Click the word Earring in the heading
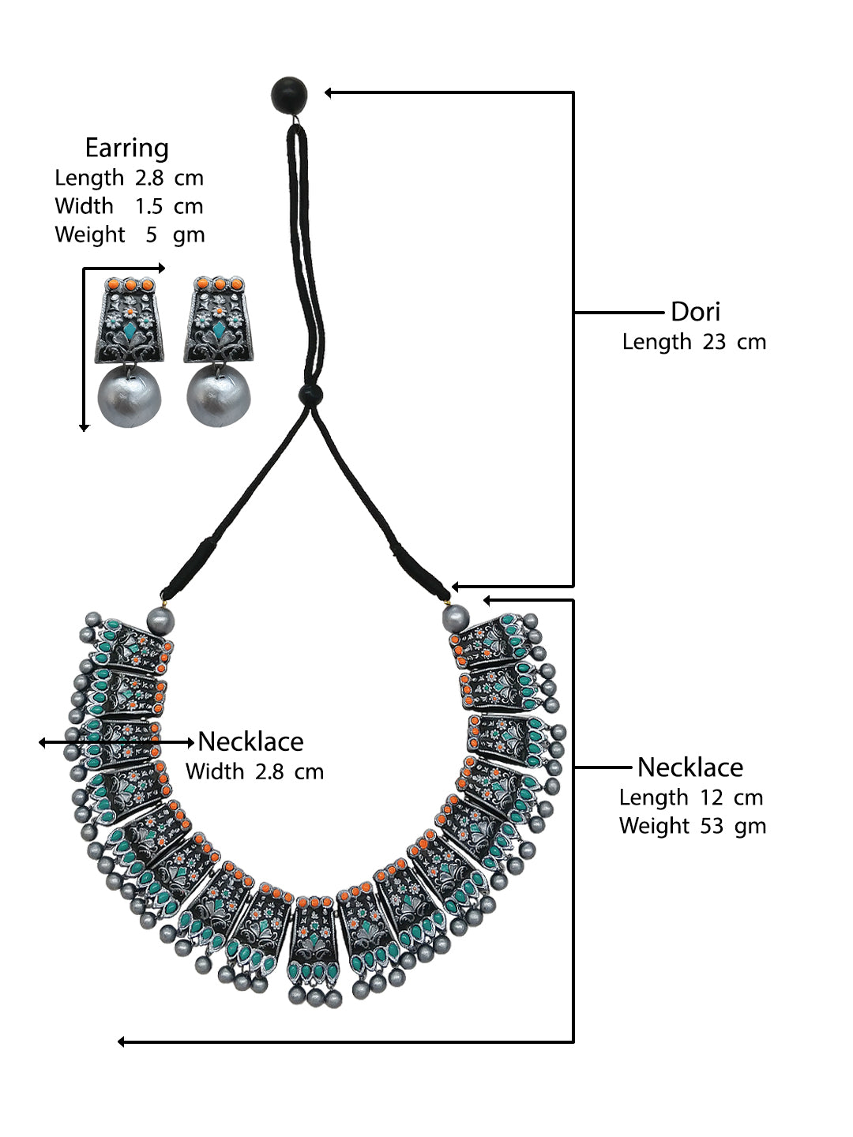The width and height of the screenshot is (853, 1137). point(126,148)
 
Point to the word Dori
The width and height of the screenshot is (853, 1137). point(695,312)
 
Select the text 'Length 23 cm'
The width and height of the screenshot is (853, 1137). point(693,342)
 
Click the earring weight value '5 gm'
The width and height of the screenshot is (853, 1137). point(175,235)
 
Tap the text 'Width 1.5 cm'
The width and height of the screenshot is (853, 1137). point(129,206)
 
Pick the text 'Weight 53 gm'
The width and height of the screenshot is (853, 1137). point(692,826)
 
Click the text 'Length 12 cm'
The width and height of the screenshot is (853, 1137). point(690,797)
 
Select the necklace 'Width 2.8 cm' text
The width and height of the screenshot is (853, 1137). point(254,771)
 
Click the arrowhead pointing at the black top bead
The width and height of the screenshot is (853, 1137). point(329,93)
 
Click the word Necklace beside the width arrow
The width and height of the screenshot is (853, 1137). point(250,741)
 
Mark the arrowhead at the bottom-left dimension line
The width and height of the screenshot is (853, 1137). point(122,1042)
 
